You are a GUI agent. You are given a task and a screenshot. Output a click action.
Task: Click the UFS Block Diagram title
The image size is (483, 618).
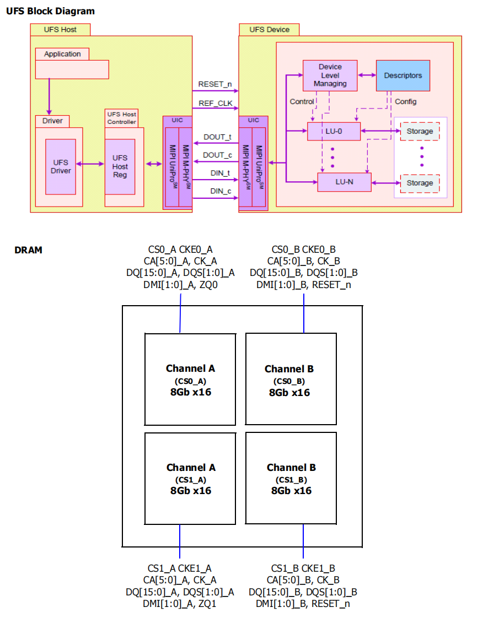click(x=51, y=11)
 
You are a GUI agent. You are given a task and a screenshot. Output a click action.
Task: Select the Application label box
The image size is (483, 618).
click(x=62, y=54)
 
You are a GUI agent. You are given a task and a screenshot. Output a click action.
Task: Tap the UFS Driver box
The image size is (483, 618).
click(x=61, y=167)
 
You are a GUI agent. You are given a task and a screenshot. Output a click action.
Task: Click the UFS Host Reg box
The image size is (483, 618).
click(x=120, y=167)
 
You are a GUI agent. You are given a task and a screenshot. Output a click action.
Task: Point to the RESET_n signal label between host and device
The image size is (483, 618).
click(x=214, y=84)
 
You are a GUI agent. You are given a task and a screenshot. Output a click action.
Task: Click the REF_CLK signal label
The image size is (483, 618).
click(x=216, y=103)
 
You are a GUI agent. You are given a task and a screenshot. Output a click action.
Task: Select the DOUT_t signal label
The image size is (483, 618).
click(x=217, y=137)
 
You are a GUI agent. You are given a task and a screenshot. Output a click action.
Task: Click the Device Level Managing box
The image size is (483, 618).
click(x=330, y=75)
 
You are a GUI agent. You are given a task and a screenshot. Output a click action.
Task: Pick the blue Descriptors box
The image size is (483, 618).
click(x=403, y=75)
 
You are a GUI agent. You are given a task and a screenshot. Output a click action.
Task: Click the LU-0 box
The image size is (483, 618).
click(x=334, y=131)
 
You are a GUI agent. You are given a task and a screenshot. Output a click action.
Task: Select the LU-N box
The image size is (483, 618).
click(x=345, y=182)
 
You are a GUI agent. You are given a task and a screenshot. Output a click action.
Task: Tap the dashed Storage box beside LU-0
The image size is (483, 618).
click(x=420, y=131)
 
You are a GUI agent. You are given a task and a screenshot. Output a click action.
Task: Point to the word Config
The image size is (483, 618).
click(x=406, y=102)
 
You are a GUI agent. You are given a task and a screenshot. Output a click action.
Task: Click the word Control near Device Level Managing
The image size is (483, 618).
click(x=302, y=102)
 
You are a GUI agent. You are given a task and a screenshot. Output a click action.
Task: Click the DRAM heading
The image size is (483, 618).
click(x=29, y=250)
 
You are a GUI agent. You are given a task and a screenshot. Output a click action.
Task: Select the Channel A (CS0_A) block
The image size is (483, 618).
click(x=190, y=380)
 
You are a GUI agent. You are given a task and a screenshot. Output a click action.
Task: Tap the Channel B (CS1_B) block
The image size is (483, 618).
click(x=291, y=479)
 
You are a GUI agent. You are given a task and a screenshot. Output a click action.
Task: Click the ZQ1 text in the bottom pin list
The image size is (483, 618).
click(x=207, y=604)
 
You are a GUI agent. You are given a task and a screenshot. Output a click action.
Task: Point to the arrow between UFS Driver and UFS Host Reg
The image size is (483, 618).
click(x=90, y=164)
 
